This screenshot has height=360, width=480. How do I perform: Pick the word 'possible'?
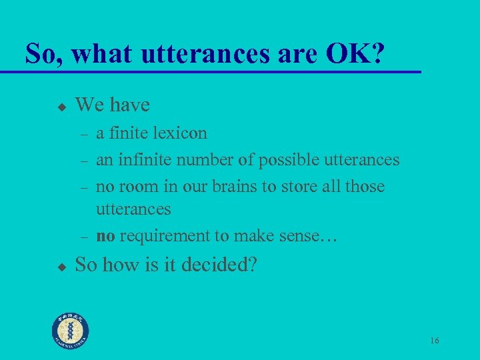288,160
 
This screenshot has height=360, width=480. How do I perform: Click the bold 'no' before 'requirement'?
105,235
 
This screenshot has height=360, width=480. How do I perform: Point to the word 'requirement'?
162,235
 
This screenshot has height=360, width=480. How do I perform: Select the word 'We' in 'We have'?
89,105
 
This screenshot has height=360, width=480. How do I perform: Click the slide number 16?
434,341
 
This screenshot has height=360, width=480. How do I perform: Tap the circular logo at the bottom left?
71,330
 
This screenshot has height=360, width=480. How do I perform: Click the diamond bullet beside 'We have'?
61,106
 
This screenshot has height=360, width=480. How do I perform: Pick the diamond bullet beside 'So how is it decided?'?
61,266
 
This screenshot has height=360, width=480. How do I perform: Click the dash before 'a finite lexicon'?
84,134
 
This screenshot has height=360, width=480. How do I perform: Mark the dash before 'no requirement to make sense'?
84,237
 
